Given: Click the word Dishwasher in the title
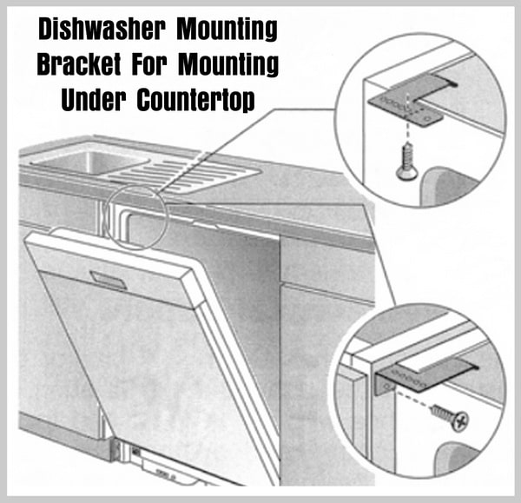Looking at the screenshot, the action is pyautogui.click(x=102, y=30).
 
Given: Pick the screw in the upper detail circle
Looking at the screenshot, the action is pyautogui.click(x=405, y=162).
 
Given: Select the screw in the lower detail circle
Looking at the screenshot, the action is pyautogui.click(x=451, y=418).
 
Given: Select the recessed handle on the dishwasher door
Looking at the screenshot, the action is pyautogui.click(x=108, y=280).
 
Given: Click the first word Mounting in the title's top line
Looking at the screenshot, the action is pyautogui.click(x=227, y=30).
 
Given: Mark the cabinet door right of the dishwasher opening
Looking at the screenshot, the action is pyautogui.click(x=327, y=382).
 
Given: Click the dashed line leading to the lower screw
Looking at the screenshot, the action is pyautogui.click(x=413, y=399).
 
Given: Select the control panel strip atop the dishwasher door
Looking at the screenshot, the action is pyautogui.click(x=113, y=269).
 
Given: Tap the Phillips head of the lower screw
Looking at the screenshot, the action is pyautogui.click(x=460, y=422).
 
